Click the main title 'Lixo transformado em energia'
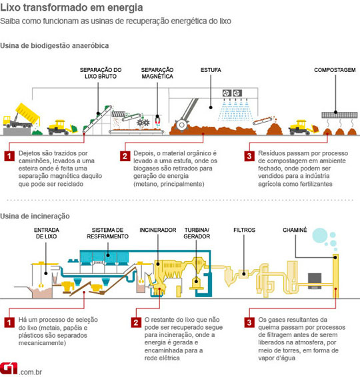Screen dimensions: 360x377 tap(71, 7)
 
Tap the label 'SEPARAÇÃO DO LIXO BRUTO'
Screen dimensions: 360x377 tap(101, 73)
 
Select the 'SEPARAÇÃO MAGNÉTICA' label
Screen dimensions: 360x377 tap(157, 73)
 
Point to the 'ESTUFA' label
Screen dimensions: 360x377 tap(211, 70)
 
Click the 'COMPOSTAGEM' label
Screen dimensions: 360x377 tap(335, 70)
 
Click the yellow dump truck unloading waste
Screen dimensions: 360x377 tap(21, 117)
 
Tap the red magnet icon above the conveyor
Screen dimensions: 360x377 tap(157, 120)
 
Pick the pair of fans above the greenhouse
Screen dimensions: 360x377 tap(232, 93)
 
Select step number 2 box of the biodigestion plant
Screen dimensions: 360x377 tap(125, 156)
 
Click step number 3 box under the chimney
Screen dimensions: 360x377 tap(249, 322)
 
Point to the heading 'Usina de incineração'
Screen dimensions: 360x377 tap(35, 216)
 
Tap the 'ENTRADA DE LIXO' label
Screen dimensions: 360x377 tap(47, 233)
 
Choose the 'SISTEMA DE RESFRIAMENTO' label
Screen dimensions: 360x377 tap(107, 233)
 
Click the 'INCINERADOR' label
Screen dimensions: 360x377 tap(158, 230)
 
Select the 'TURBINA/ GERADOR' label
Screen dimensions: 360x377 tap(197, 233)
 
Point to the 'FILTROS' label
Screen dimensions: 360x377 tap(244, 230)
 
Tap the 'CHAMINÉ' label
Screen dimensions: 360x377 tap(295, 230)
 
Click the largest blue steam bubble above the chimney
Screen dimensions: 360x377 tap(320, 235)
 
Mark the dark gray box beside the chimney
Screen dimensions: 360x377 tap(315, 281)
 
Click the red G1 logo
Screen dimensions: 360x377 tap(9, 368)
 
